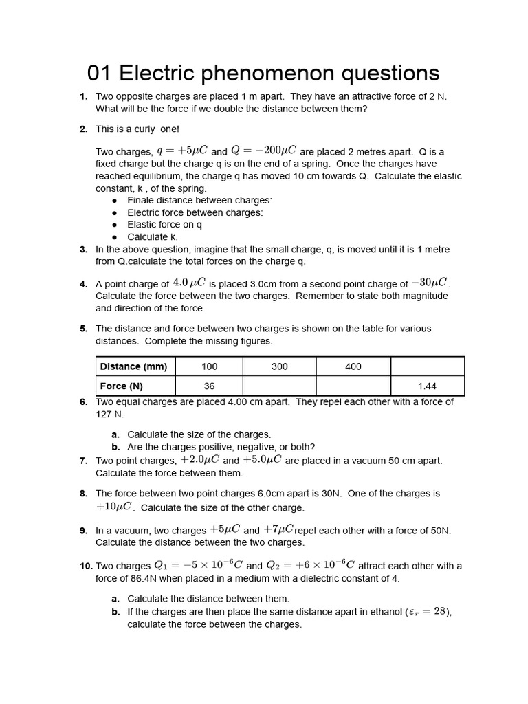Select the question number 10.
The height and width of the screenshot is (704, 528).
[x=86, y=566]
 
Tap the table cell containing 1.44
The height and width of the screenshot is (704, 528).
[x=427, y=386]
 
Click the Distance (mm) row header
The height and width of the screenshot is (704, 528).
[x=135, y=366]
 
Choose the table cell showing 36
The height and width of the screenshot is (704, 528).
[x=209, y=386]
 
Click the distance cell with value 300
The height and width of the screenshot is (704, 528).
[x=279, y=366]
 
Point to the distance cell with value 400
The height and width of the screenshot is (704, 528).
[x=353, y=366]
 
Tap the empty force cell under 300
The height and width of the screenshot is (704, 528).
[x=279, y=386]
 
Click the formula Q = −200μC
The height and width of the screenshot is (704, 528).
[x=263, y=151]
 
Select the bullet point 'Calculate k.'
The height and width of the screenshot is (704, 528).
[x=152, y=237]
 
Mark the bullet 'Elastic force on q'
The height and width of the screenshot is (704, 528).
[x=164, y=225]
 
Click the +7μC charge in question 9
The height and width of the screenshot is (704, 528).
[x=278, y=529]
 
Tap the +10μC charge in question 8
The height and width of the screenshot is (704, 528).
[x=114, y=507]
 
